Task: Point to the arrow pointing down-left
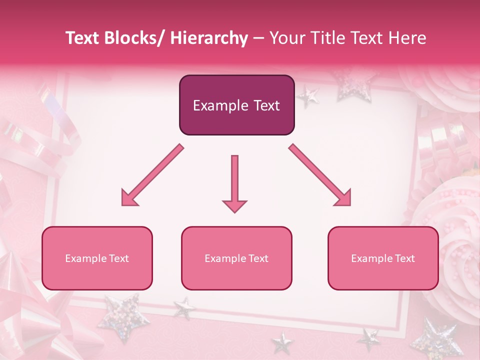point(152,175)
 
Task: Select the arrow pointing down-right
point(320,175)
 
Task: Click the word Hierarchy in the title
point(209,38)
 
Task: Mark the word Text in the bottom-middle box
point(258,258)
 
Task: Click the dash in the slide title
point(258,38)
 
